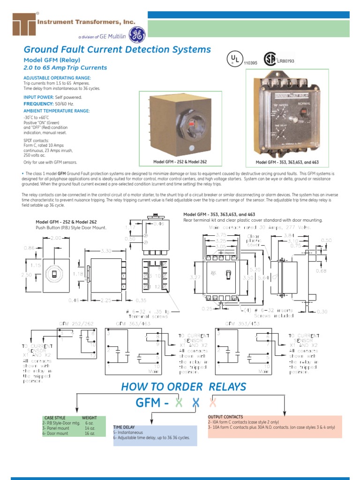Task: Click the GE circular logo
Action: click(x=137, y=34)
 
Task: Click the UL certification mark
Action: click(x=234, y=59)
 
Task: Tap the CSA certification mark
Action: click(x=269, y=59)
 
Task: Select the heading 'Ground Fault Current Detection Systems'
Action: click(x=117, y=49)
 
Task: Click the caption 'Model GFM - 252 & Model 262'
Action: click(x=180, y=162)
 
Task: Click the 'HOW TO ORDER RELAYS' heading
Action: click(x=183, y=387)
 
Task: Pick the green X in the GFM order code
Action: click(x=179, y=403)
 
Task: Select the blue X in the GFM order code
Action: click(x=196, y=403)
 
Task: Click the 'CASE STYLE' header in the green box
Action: click(x=55, y=418)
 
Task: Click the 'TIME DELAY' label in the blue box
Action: click(x=124, y=427)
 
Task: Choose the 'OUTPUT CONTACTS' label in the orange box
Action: click(x=225, y=417)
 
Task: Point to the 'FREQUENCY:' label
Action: click(x=39, y=103)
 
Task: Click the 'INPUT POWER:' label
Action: click(x=38, y=97)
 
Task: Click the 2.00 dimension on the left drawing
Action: click(x=56, y=238)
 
